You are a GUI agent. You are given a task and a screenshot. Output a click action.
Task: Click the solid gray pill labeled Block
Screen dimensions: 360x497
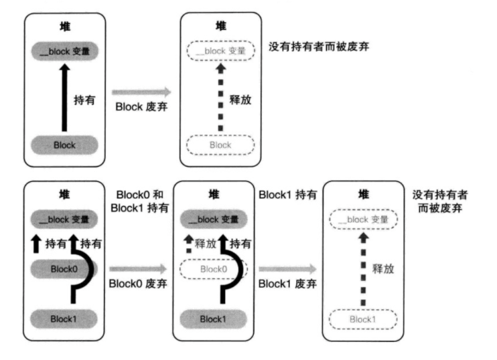tap(65, 144)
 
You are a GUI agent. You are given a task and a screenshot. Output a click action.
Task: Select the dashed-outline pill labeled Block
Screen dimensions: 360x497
tap(220, 145)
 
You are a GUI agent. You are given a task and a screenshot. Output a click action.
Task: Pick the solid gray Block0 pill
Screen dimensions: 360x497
tap(65, 268)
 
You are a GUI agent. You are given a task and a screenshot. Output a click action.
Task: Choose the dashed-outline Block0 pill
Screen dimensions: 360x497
tap(214, 268)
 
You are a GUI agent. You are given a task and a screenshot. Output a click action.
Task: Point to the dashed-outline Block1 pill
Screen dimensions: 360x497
tap(363, 319)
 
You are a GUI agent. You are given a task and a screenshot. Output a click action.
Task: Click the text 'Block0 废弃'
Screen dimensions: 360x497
tap(137, 283)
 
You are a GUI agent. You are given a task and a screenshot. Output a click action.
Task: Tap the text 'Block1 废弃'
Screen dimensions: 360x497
tap(287, 283)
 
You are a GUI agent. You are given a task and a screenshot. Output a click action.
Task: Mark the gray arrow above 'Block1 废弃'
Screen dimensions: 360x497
tap(288, 269)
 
